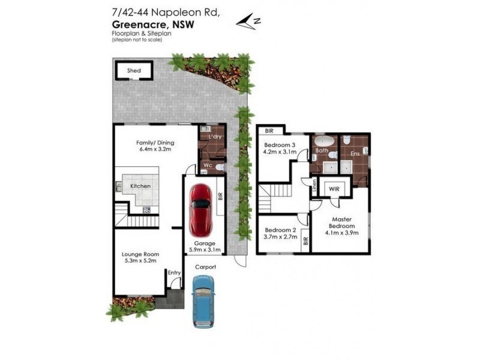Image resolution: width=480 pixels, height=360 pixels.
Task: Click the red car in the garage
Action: pyautogui.click(x=200, y=209)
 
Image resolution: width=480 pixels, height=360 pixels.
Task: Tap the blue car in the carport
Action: pyautogui.click(x=202, y=301)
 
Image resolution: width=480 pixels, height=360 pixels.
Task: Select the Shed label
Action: pyautogui.click(x=134, y=71)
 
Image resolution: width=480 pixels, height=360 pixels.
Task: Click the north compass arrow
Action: pyautogui.click(x=247, y=22)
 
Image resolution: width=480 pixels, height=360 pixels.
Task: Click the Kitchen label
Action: pyautogui.click(x=140, y=186)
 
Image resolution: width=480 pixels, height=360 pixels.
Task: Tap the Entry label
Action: pyautogui.click(x=174, y=272)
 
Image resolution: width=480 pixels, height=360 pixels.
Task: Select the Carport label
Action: pyautogui.click(x=204, y=267)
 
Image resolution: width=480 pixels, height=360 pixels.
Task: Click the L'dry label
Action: pyautogui.click(x=214, y=138)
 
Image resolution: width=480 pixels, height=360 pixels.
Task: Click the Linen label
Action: pyautogui.click(x=314, y=186)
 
